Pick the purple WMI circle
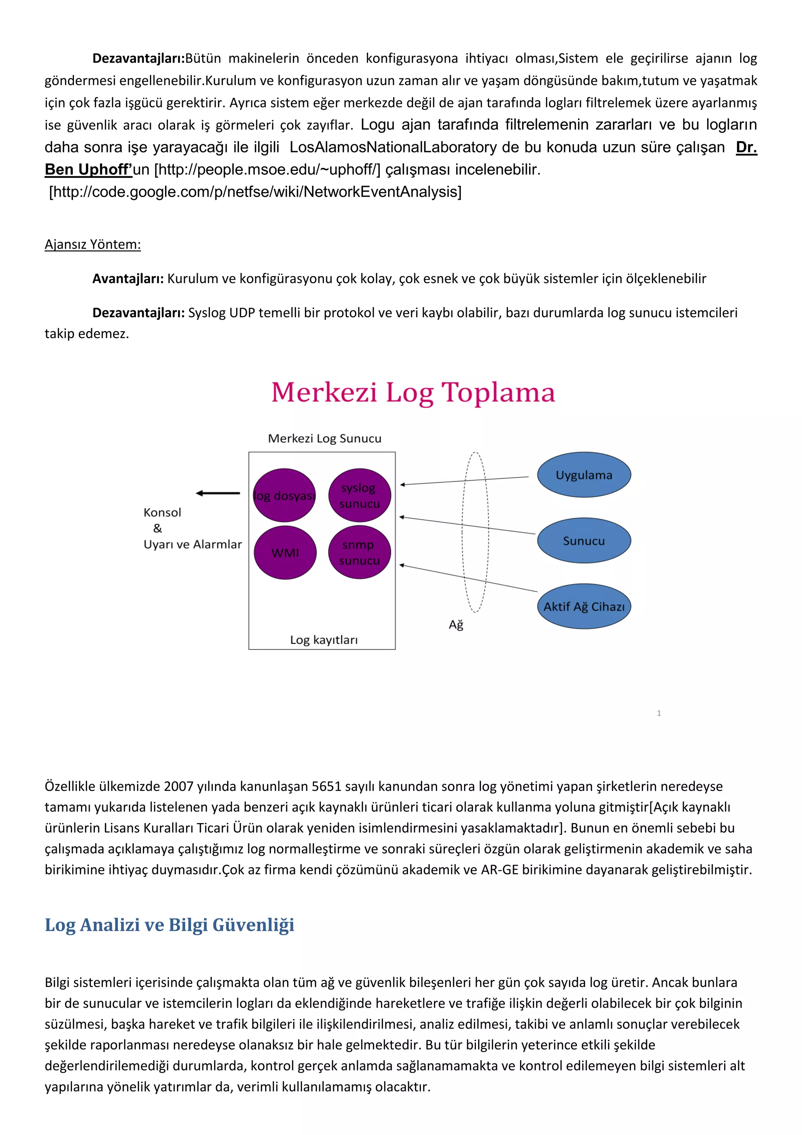(x=285, y=552)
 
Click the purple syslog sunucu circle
(x=360, y=495)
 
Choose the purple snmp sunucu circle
(x=360, y=552)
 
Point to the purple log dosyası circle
(x=285, y=495)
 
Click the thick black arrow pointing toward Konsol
(x=218, y=493)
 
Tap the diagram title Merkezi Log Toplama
(x=413, y=393)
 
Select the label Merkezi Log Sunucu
(x=325, y=438)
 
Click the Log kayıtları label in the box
(x=324, y=640)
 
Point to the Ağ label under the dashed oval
(x=455, y=625)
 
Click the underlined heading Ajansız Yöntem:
(x=93, y=244)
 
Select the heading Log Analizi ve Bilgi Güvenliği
(x=170, y=925)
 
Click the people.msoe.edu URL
(x=267, y=169)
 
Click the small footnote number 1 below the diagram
(x=659, y=713)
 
